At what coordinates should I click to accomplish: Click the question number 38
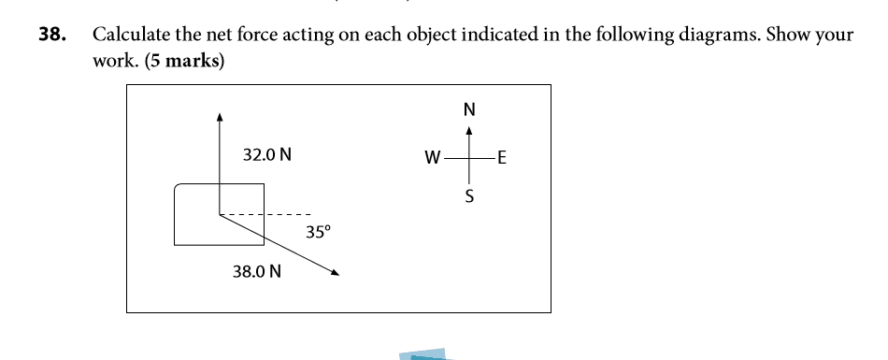(x=51, y=35)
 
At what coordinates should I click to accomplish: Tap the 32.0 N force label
(x=267, y=155)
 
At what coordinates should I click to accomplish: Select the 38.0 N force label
(x=256, y=272)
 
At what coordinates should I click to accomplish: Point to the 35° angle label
(x=318, y=233)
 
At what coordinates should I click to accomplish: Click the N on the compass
(x=469, y=109)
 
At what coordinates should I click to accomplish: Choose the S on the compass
(x=469, y=196)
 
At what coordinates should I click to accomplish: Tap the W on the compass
(x=433, y=158)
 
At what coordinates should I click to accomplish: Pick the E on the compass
(x=502, y=158)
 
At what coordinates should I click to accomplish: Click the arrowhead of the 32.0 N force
(x=220, y=117)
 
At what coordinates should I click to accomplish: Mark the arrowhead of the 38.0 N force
(x=336, y=273)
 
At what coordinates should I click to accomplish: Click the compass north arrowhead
(x=468, y=130)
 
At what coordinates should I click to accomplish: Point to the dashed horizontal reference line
(x=265, y=215)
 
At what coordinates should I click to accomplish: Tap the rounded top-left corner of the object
(x=178, y=187)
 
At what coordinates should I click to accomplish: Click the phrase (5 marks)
(x=185, y=61)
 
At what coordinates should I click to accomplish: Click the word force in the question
(x=256, y=35)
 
